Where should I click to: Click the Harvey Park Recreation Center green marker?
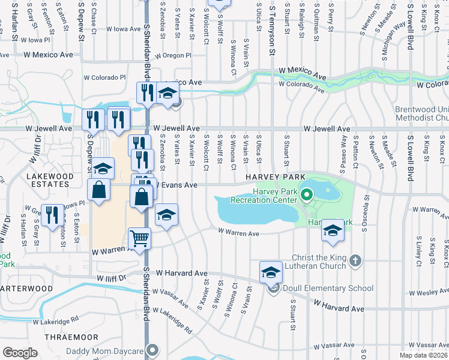(x=307, y=194)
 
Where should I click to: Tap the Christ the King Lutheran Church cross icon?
(x=355, y=260)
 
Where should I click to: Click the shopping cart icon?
(x=139, y=239)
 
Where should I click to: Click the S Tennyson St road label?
(x=272, y=30)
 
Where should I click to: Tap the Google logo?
(x=20, y=352)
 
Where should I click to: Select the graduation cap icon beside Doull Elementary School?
(x=271, y=272)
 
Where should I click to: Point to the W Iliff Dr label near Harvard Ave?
(x=112, y=278)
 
